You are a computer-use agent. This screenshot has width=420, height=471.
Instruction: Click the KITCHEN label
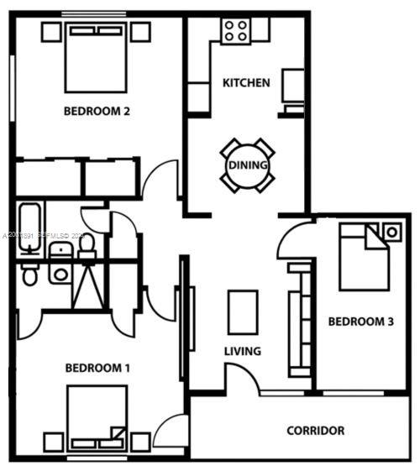[x=245, y=82]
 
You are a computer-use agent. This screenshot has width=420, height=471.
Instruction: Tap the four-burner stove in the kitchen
[x=235, y=31]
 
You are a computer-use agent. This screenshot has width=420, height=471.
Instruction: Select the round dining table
[x=248, y=165]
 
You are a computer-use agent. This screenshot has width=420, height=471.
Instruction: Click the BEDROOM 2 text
[x=96, y=110]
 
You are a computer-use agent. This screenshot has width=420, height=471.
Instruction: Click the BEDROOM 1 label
[x=97, y=368]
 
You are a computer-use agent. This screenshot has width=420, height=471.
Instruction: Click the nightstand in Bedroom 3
[x=391, y=230]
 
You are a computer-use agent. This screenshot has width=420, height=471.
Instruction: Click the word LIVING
[x=242, y=351]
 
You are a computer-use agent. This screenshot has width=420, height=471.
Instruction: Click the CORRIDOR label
[x=316, y=431]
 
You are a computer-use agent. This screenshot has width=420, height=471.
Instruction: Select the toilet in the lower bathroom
[x=29, y=275]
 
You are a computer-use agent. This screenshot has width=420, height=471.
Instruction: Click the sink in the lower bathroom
[x=60, y=273]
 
